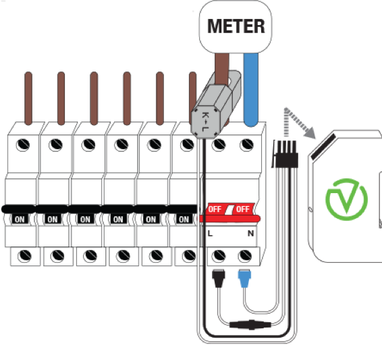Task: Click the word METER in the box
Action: [236, 26]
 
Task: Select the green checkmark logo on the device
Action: [347, 199]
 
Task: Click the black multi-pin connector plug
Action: [285, 154]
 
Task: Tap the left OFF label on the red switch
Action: [215, 209]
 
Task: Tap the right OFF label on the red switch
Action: [243, 209]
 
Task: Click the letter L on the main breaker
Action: [210, 234]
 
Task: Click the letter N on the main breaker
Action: [250, 234]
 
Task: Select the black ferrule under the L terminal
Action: [218, 278]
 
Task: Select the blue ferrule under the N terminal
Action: [244, 278]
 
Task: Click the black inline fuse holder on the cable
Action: [250, 325]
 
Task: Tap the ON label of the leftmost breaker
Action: [20, 220]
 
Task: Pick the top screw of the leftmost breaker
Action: [23, 145]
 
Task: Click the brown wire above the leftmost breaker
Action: [28, 99]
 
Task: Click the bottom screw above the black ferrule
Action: [219, 256]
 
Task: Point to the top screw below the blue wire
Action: [246, 145]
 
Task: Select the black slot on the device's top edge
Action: [323, 147]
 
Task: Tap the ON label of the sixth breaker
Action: [184, 220]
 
